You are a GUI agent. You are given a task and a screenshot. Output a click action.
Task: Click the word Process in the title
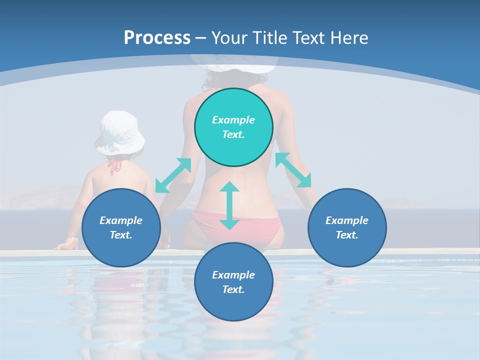tap(157, 37)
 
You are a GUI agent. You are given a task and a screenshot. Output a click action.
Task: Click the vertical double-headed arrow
tap(229, 206)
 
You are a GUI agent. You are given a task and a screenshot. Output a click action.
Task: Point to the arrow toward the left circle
tap(173, 175)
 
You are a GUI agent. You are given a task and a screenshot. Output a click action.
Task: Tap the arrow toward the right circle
tap(293, 170)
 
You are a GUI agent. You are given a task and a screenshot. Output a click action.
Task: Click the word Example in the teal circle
tap(233, 120)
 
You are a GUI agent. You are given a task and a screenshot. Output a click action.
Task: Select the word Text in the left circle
tap(121, 235)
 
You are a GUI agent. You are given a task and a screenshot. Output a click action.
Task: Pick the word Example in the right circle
tap(347, 220)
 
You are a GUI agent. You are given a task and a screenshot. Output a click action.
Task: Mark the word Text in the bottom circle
tap(233, 289)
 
